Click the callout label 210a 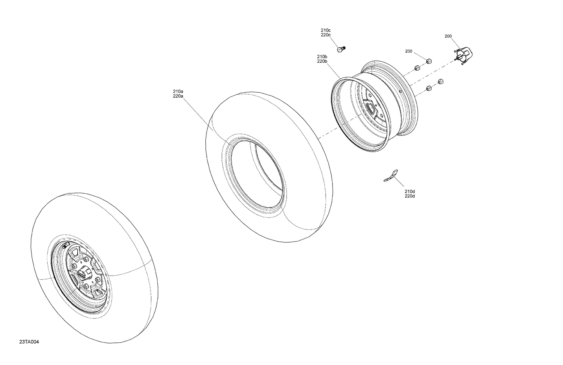pos(178,91)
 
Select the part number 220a pos(178,96)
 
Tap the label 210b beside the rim pos(322,56)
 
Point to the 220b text pos(322,61)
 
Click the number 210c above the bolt pos(325,30)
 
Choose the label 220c pos(325,35)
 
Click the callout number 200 pos(448,36)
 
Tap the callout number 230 pos(408,51)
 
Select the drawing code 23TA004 pos(29,342)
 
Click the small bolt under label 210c pos(341,49)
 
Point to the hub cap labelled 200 pos(465,55)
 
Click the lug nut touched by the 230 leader pos(429,61)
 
